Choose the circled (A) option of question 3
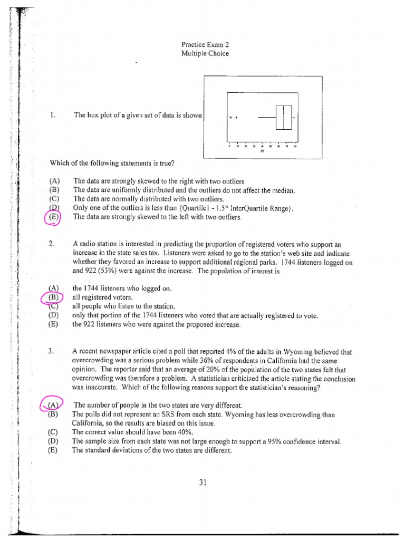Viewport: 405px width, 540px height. pos(52,405)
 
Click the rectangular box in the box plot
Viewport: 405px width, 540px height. pos(284,117)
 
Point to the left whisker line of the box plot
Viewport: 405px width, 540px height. pos(267,117)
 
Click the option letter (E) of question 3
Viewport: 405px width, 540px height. pos(53,450)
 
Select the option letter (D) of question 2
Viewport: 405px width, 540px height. pos(53,316)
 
